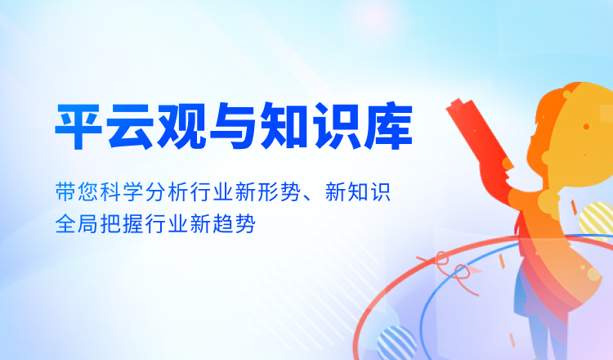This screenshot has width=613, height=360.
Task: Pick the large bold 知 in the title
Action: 284,126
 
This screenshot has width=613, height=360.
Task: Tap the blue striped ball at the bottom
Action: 396,343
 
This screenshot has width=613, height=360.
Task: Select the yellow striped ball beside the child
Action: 597,220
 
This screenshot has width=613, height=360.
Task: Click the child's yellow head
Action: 575,133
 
